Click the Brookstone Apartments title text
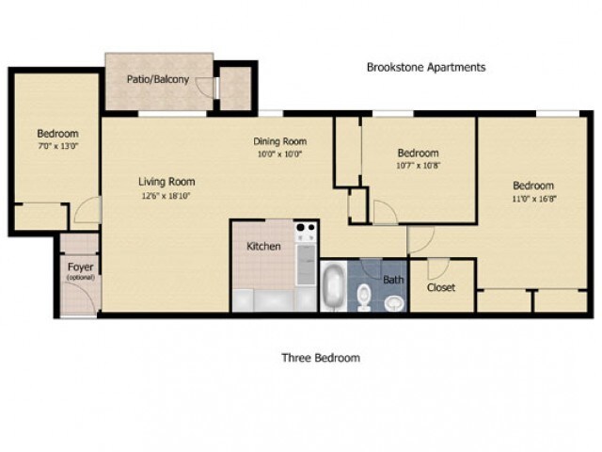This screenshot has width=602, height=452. (425, 68)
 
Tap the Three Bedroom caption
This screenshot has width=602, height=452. (321, 358)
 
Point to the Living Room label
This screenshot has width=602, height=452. (166, 182)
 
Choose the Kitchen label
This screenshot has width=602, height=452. (263, 246)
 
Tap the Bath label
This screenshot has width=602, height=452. (392, 280)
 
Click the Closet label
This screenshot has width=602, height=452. (441, 288)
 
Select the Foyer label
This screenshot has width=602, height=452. (79, 266)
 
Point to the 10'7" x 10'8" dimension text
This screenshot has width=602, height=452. (418, 166)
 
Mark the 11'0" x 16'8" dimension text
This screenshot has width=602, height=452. (532, 199)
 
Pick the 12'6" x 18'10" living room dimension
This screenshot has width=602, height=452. (166, 196)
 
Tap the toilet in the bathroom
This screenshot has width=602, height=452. (365, 294)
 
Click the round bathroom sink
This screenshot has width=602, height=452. (394, 302)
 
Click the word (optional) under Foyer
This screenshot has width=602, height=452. (79, 278)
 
